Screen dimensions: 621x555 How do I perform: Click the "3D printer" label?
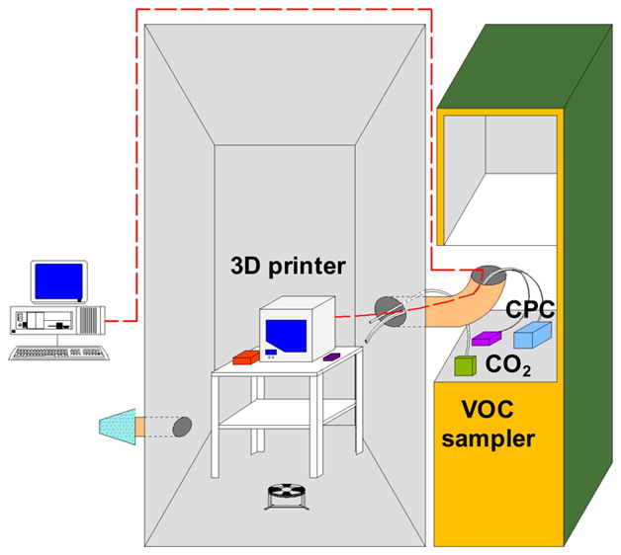(288, 267)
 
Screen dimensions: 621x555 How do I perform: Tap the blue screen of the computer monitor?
(58, 281)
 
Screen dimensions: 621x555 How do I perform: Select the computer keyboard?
(59, 353)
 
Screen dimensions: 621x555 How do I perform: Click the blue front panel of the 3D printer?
(286, 336)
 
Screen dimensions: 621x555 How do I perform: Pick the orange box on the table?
(246, 357)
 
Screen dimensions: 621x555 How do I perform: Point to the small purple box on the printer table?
(332, 357)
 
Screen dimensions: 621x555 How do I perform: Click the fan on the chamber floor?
(287, 497)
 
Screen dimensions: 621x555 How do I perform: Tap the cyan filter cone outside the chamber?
(118, 427)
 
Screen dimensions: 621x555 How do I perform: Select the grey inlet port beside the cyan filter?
(182, 427)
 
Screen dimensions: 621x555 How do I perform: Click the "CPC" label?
(530, 309)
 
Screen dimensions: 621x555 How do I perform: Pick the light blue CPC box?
(532, 335)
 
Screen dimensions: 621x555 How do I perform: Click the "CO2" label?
(508, 365)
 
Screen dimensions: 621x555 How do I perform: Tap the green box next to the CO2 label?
(465, 365)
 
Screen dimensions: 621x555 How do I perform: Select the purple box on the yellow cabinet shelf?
(487, 338)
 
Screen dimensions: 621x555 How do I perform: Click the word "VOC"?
(488, 410)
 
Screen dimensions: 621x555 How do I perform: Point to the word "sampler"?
(488, 439)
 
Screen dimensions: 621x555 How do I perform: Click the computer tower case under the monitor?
(57, 320)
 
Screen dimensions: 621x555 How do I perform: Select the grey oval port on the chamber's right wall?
(391, 312)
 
